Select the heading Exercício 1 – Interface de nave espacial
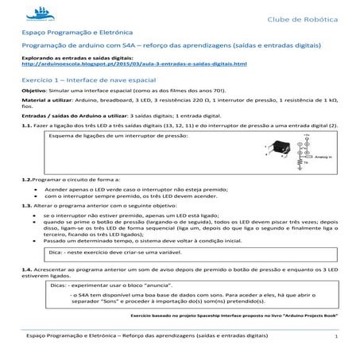click(x=87, y=81)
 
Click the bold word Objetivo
click(x=36, y=92)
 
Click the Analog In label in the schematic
click(x=321, y=158)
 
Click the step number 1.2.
click(x=27, y=180)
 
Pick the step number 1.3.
click(x=27, y=204)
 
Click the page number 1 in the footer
click(x=335, y=337)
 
